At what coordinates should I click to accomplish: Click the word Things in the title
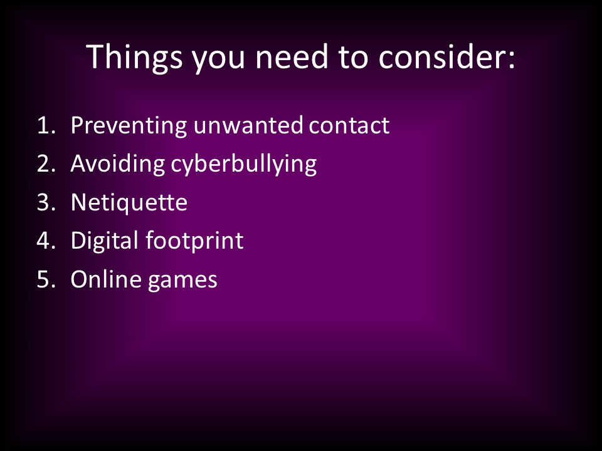point(134,58)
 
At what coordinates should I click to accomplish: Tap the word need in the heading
point(292,57)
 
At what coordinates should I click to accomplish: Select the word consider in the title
point(441,57)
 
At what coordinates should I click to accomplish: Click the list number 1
point(46,125)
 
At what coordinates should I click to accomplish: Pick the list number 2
point(46,163)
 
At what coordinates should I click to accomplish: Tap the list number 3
point(46,202)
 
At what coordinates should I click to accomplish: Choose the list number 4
point(46,241)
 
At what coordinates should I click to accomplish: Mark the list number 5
point(46,279)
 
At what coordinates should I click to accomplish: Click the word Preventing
point(129,126)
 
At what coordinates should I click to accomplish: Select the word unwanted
point(248,125)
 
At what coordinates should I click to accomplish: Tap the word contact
point(349,125)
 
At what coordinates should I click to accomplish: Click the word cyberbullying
point(244,165)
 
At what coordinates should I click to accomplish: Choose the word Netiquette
point(129,203)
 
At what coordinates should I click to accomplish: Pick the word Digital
point(105,241)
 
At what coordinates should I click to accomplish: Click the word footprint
point(194,241)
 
